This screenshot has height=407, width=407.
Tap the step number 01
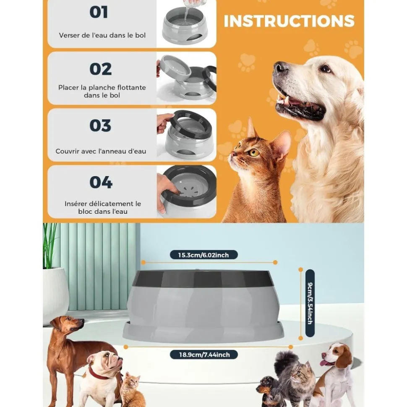(99, 12)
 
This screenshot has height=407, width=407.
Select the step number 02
(100, 69)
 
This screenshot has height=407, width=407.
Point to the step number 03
(100, 125)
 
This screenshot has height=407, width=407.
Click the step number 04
(101, 182)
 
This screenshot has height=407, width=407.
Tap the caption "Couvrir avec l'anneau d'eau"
(101, 151)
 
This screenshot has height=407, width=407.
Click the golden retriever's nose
(280, 66)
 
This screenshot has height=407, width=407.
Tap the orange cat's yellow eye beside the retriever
(254, 153)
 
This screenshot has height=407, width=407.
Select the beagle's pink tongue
(324, 363)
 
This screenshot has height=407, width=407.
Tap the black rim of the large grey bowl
(203, 278)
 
